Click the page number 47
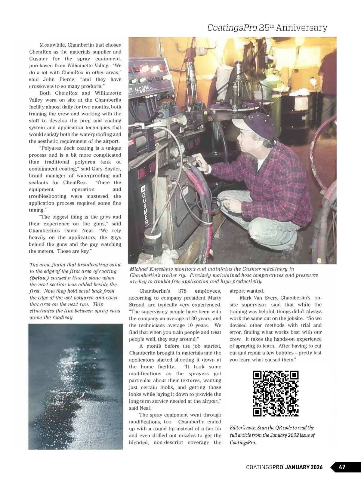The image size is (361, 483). (x=342, y=467)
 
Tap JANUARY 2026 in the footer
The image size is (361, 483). (x=304, y=467)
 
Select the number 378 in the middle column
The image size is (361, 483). (x=183, y=291)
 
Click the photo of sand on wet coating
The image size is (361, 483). (x=76, y=386)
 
